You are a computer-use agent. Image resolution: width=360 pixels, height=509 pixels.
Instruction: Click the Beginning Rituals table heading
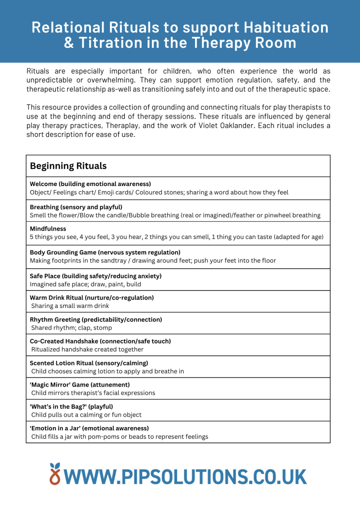point(68,166)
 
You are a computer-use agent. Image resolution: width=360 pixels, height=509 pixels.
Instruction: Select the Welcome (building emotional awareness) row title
point(90,184)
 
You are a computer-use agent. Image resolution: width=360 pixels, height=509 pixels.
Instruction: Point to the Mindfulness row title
point(48,229)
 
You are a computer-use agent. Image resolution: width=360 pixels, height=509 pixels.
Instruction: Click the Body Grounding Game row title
point(105,252)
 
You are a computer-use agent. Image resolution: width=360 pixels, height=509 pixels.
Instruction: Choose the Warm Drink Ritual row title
point(91,298)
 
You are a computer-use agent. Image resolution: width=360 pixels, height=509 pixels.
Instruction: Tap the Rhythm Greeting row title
point(96,320)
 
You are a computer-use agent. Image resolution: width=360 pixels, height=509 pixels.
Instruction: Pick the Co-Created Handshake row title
point(100,341)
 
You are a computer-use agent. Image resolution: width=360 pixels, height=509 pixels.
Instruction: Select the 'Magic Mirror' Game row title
point(80,384)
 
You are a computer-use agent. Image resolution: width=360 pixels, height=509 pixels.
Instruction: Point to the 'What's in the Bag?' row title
point(71,406)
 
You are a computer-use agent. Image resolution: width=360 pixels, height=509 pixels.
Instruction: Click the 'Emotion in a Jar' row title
point(89,428)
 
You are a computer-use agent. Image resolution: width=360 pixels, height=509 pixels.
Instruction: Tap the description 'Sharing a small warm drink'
point(70,306)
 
